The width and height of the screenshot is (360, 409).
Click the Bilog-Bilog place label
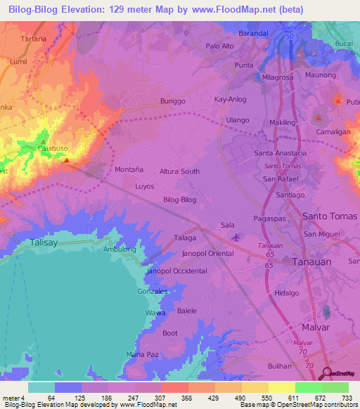coord(179,200)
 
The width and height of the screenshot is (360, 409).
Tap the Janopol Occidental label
coord(176,271)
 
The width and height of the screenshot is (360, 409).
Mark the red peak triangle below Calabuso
coord(66,160)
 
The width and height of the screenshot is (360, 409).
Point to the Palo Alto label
coord(219,46)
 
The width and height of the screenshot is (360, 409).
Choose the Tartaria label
coord(34,39)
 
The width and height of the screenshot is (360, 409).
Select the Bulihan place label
coord(279,366)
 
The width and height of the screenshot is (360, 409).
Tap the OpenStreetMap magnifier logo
coord(327,375)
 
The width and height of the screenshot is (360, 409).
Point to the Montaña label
coord(128,170)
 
